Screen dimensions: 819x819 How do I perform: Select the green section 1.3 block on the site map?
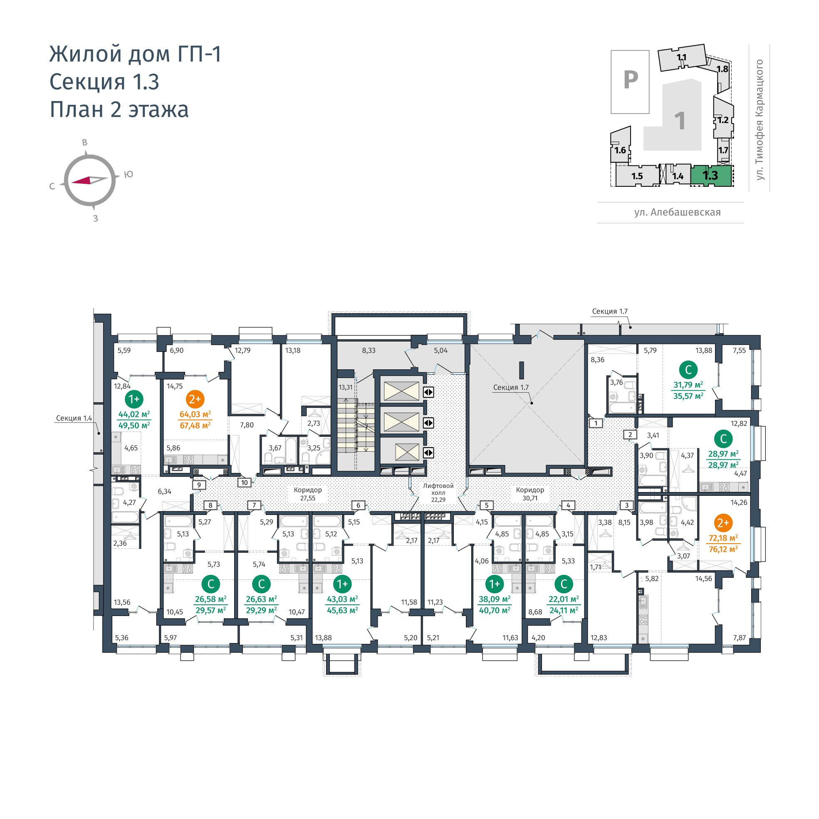pos(711,175)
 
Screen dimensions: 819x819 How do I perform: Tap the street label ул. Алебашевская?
pos(678,213)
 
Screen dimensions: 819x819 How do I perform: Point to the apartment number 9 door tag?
pos(199,485)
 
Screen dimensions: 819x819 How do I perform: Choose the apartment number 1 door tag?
pos(596,423)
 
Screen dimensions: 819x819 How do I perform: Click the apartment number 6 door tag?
pos(358,505)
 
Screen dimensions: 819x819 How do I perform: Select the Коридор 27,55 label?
pos(308,494)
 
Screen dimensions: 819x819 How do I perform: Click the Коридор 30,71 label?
pos(530,494)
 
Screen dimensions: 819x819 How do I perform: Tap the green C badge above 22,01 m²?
pos(564,584)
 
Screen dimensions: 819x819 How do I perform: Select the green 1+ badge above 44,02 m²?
pos(134,399)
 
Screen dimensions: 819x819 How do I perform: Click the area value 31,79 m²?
pos(688,385)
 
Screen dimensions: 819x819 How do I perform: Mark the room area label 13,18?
pos(292,350)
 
